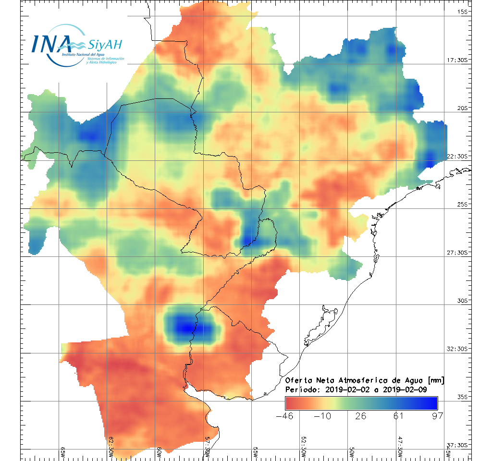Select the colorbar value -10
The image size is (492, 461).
tap(322, 416)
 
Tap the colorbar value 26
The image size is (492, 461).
tap(360, 416)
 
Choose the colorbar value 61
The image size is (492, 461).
tap(398, 416)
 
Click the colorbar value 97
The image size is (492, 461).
tap(436, 416)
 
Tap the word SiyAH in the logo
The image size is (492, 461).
tap(105, 45)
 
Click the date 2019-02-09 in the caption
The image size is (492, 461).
tap(406, 388)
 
